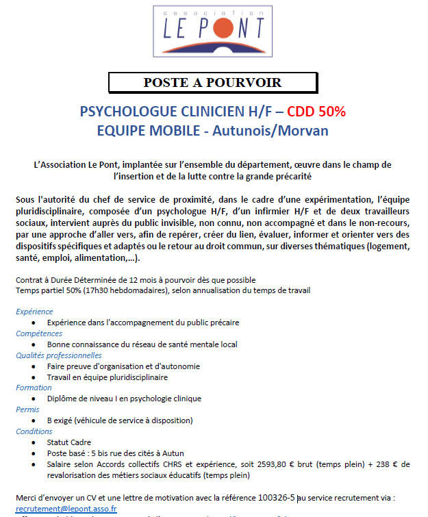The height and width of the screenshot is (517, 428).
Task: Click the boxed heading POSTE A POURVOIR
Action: pos(212,83)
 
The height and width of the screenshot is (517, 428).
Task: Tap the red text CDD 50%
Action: pos(316,112)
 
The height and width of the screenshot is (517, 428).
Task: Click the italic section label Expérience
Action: pos(34,312)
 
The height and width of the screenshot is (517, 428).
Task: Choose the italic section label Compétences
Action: pos(39,333)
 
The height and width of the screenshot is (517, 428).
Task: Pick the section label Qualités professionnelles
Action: pos(59,355)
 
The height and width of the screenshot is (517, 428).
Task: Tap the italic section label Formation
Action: pos(34,388)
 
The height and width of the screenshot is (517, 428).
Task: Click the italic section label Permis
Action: pos(27,409)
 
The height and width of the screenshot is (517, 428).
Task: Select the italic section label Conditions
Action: pos(34,431)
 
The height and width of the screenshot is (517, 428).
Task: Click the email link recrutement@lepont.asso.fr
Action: pos(66,509)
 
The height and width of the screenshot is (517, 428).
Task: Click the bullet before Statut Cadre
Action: pos(34,442)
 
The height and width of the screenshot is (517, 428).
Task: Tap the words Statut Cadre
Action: pos(69,442)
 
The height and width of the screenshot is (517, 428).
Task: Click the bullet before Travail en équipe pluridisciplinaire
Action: pos(34,377)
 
